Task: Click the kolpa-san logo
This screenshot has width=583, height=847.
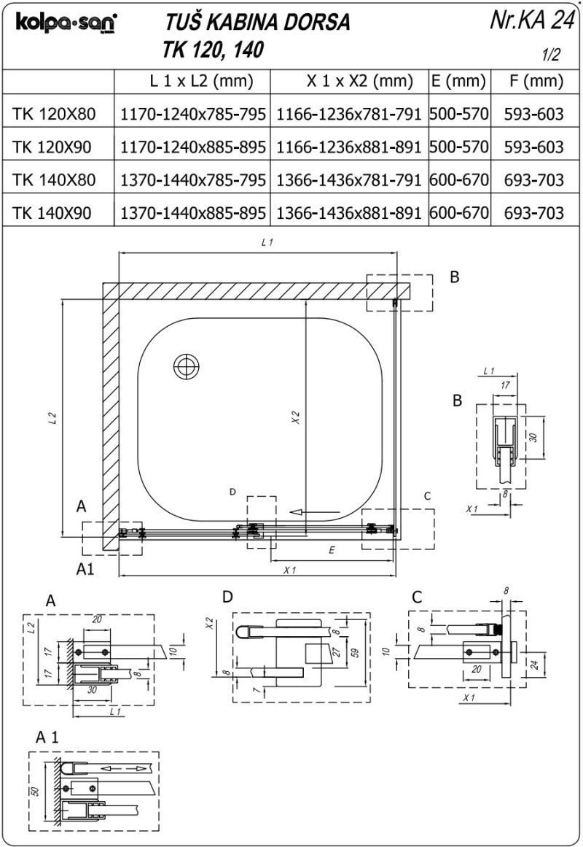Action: coord(66,24)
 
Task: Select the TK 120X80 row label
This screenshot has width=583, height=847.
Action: coord(53,113)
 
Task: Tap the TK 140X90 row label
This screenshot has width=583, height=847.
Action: coord(53,213)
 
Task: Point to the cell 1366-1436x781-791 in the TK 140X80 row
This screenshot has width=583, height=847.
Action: coord(349,179)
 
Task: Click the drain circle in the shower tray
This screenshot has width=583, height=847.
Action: coord(187,366)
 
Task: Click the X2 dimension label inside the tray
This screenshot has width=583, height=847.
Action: coord(295,417)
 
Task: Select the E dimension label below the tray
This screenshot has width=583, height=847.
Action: coord(332,551)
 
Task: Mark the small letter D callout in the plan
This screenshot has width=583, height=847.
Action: coord(232,492)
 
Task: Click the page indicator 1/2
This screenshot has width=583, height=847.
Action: coord(552,55)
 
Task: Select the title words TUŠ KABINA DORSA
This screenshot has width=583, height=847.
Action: coord(258,23)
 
